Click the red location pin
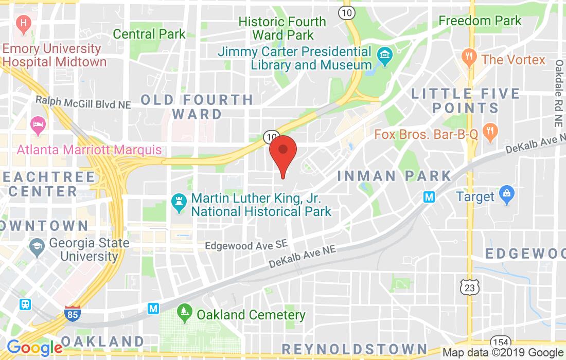282,152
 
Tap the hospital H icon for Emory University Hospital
23,23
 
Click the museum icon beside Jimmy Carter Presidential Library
384,53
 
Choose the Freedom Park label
480,21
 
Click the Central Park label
149,34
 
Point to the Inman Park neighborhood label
394,175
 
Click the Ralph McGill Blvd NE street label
83,103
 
